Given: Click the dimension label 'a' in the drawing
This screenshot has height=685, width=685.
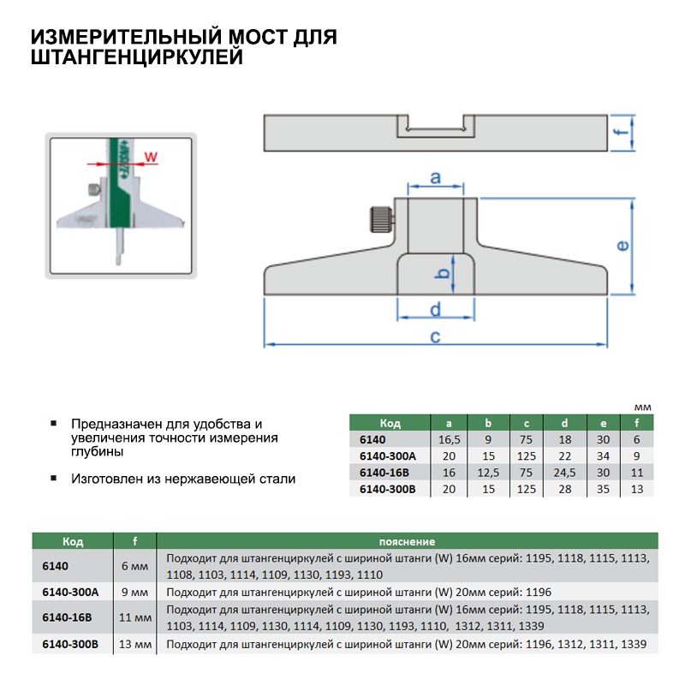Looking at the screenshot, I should coord(435,178).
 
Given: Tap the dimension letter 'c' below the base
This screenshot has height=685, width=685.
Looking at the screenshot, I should coord(435,336).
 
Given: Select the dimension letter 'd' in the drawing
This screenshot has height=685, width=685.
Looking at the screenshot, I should coord(435,308).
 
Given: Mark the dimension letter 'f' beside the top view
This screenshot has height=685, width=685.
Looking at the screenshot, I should coord(624,131).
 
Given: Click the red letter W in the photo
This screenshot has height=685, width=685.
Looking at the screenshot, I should coord(150,157).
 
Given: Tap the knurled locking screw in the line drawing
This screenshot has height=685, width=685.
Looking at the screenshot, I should coord(379,218).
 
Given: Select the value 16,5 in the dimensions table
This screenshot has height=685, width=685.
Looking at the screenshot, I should coord(448,439).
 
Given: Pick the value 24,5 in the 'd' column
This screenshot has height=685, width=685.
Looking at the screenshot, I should coord(564,472).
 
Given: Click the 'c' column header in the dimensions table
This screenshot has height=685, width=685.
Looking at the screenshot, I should coord(526,423).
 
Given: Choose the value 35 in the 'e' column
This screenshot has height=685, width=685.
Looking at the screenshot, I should coord(604,488).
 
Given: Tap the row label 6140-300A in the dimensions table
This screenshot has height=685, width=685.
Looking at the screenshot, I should coord(387,456).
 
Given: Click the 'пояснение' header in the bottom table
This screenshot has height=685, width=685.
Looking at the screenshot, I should coord(406,542).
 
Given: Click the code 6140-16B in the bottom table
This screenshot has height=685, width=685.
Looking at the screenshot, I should coord(67,616).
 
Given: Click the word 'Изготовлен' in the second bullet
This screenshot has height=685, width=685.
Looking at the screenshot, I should coord(107,479).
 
